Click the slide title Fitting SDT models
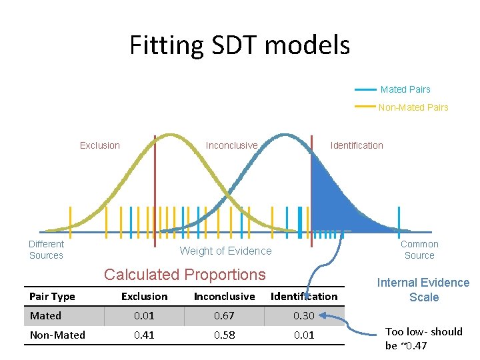coord(239,45)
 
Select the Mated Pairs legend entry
coord(405,89)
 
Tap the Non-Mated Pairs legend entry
coord(413,107)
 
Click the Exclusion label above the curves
coord(100,145)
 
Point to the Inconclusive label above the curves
coord(231,145)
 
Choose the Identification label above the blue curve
coord(357,145)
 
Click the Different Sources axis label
coord(46,250)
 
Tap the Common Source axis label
coord(419,250)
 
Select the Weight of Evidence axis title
coord(225,251)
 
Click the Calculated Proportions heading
coord(185,275)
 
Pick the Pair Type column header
coord(53,297)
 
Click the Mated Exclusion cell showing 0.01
coord(144,316)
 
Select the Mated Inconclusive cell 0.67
coord(224,316)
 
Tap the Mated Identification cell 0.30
coord(304,316)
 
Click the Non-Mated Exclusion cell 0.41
coord(144,335)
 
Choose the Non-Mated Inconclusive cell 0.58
coord(224,335)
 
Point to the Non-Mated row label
coord(57,335)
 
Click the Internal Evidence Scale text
coord(423,290)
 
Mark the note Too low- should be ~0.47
coord(423,339)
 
